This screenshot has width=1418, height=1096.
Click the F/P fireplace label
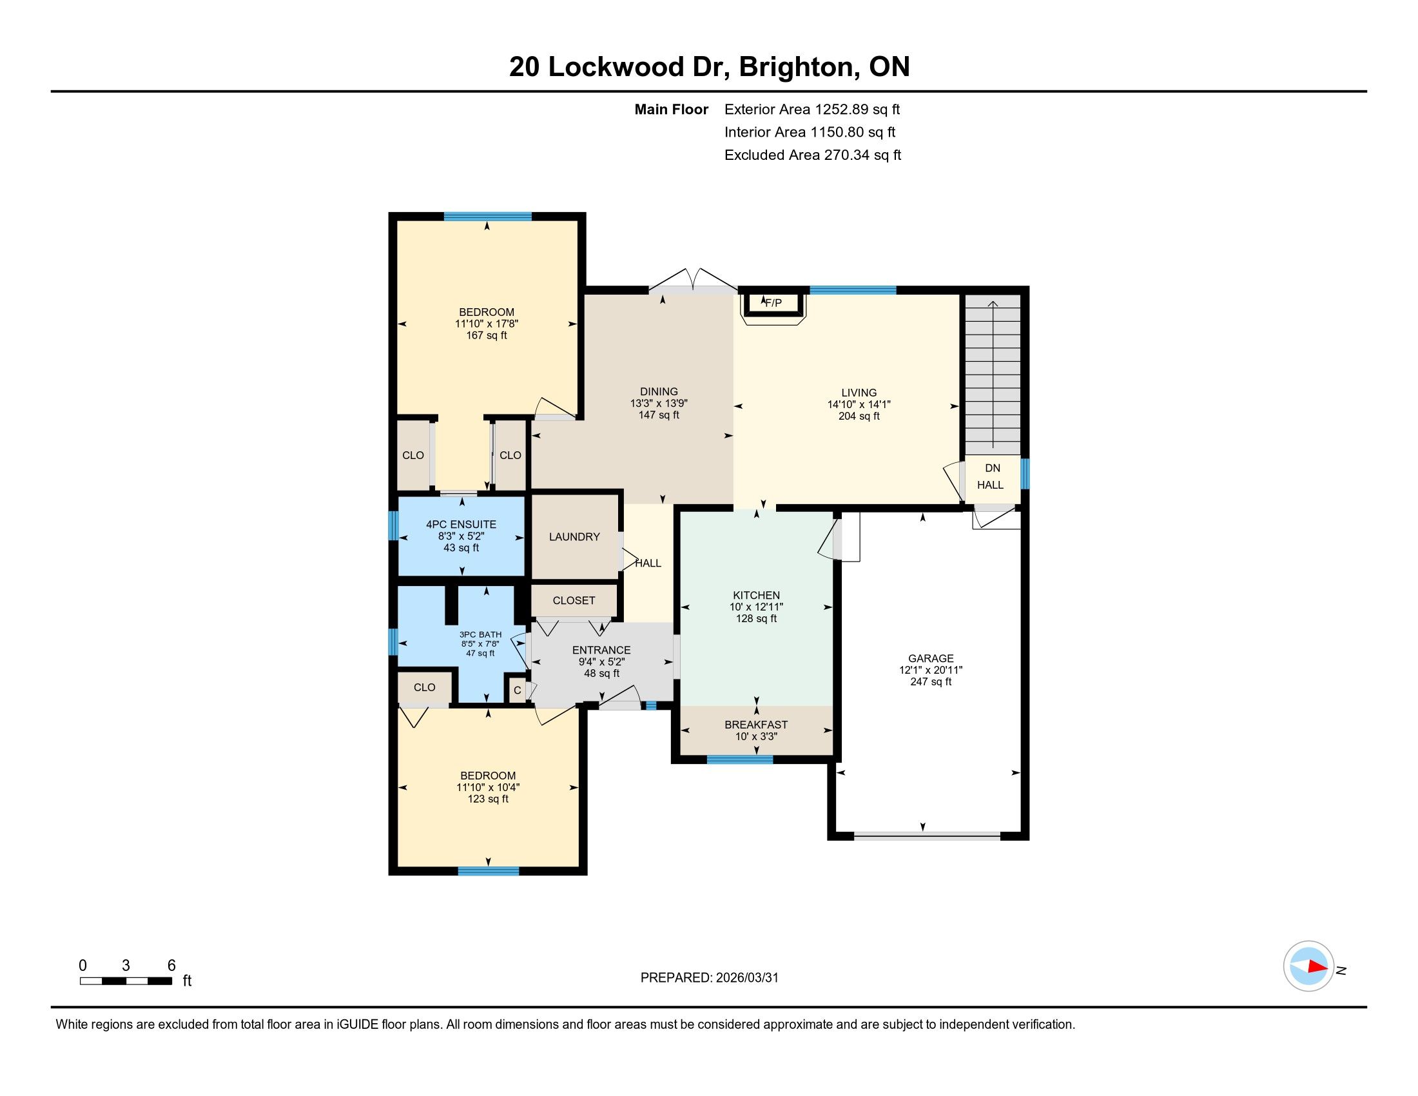click(773, 303)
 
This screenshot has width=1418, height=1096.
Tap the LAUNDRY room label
click(574, 537)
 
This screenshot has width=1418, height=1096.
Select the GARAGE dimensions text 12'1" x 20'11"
click(930, 670)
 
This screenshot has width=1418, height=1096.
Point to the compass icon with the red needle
click(1308, 966)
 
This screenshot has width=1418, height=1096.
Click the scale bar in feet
click(126, 981)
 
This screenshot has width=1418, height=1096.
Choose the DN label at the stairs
click(993, 468)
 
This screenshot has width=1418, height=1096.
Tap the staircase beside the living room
click(993, 375)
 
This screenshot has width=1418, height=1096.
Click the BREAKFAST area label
click(756, 725)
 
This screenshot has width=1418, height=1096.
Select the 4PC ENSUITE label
click(461, 525)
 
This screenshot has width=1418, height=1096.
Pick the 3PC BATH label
click(480, 635)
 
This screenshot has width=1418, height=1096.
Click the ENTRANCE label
click(601, 650)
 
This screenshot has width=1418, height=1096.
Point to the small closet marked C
click(518, 690)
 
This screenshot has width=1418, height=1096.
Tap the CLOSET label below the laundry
click(574, 601)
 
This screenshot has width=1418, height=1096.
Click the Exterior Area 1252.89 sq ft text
click(812, 109)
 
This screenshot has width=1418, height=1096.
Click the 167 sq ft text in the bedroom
click(486, 336)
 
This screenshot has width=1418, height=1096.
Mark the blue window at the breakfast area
click(740, 759)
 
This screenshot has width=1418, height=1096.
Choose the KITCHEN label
click(757, 596)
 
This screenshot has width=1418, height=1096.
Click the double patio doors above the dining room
click(694, 281)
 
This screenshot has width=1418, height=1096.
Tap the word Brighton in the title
click(796, 67)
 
